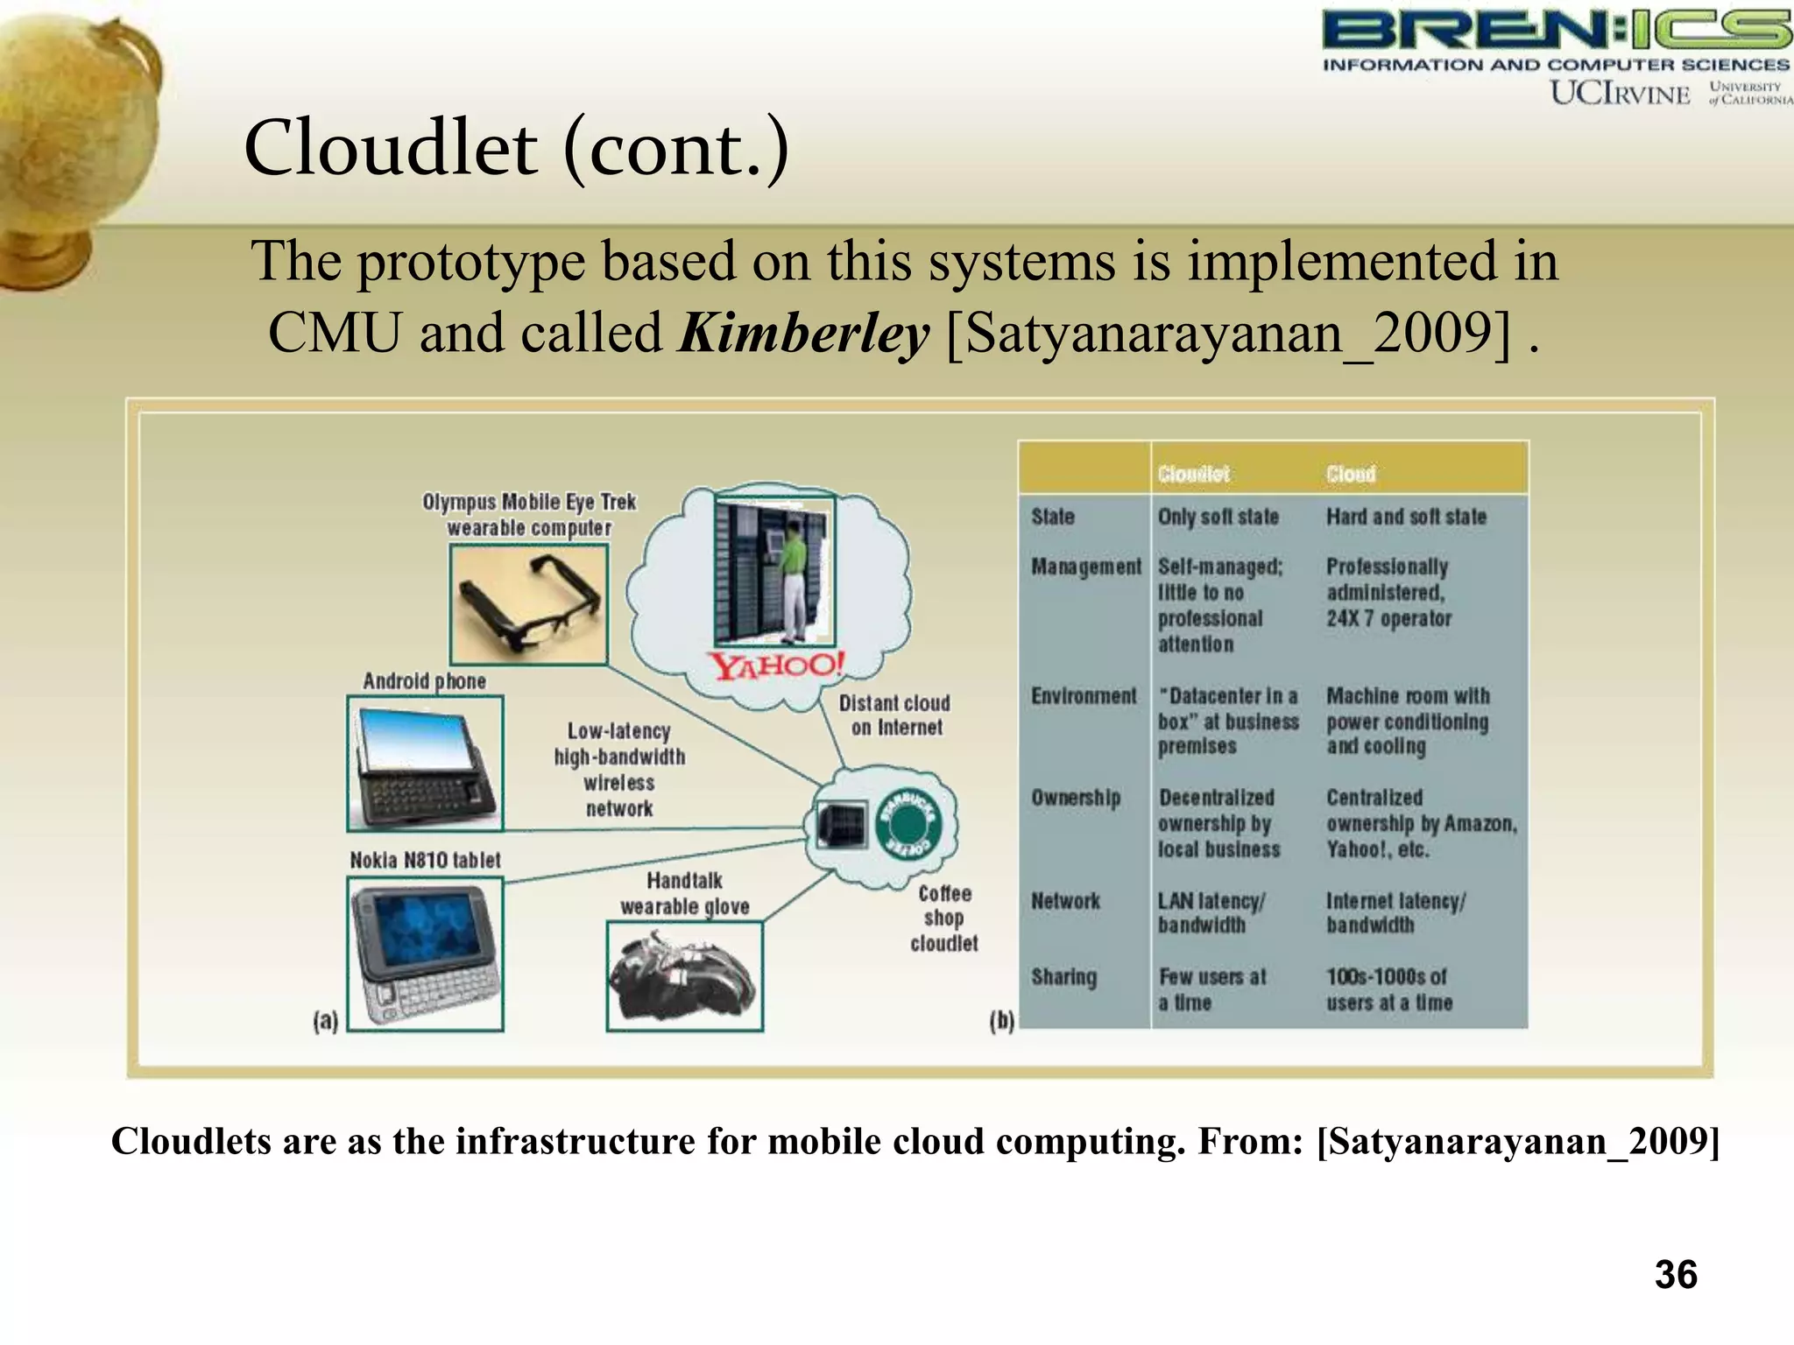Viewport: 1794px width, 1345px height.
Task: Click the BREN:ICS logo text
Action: (1555, 32)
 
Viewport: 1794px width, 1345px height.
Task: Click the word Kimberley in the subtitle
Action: (802, 334)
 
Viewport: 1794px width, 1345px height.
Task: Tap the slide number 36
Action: (1675, 1274)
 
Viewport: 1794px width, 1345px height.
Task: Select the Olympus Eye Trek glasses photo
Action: (528, 604)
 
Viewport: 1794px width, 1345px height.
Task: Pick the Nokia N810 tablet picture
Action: (425, 954)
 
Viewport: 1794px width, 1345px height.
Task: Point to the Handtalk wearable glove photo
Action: (684, 976)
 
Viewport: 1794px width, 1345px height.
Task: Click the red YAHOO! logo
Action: (776, 665)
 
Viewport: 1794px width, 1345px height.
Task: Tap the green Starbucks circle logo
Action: (908, 822)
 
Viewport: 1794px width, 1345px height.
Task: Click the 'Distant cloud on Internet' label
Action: (894, 715)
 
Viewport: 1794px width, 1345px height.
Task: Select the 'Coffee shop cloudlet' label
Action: (943, 918)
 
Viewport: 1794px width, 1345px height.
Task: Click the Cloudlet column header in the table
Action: (1193, 474)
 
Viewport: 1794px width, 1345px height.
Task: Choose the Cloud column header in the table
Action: (1350, 474)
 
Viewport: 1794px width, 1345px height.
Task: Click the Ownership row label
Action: (1076, 798)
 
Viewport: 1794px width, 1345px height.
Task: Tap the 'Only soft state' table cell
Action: (1218, 517)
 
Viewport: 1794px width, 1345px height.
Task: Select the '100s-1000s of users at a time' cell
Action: (1388, 989)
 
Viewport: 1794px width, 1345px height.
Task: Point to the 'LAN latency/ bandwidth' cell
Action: (1211, 912)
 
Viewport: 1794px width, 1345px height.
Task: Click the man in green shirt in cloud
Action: (792, 578)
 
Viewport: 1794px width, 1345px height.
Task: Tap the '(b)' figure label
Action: (1001, 1021)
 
